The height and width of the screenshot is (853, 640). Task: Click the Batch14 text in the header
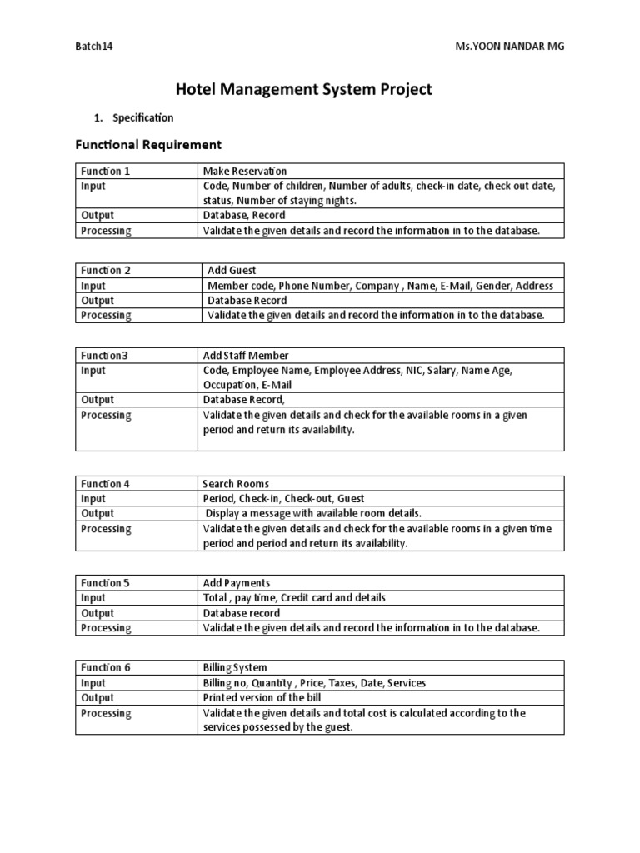tap(94, 47)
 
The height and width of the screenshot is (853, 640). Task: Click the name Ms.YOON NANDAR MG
tap(506, 47)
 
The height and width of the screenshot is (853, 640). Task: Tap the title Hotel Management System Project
tap(303, 89)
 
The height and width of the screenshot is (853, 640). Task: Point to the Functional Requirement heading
tap(148, 145)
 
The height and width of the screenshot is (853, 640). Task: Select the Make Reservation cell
tap(245, 171)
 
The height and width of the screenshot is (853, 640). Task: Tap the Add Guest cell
tap(232, 270)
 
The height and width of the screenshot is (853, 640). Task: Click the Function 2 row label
tap(105, 270)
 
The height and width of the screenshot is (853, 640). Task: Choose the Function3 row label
tap(104, 355)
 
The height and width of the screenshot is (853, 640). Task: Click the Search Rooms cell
tap(236, 483)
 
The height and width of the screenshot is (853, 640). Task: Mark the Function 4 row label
tap(105, 483)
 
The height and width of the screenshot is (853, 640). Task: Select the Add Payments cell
tap(237, 582)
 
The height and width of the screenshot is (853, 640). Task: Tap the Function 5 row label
tap(105, 582)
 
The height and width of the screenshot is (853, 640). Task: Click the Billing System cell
tap(236, 667)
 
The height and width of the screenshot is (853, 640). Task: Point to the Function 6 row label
tap(105, 667)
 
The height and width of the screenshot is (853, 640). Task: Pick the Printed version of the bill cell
tap(262, 697)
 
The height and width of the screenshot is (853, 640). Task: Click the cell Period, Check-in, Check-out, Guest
tap(283, 498)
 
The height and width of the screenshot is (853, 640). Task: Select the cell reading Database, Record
tap(244, 215)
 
